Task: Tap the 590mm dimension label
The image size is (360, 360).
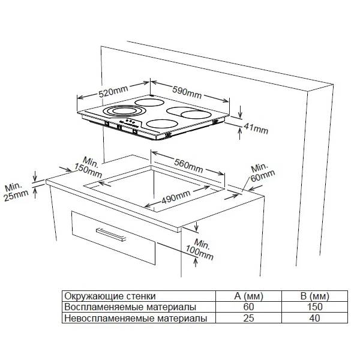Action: (187, 91)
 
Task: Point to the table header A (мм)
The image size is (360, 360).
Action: (248, 296)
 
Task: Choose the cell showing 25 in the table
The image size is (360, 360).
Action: (248, 318)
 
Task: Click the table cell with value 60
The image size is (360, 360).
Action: (248, 307)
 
